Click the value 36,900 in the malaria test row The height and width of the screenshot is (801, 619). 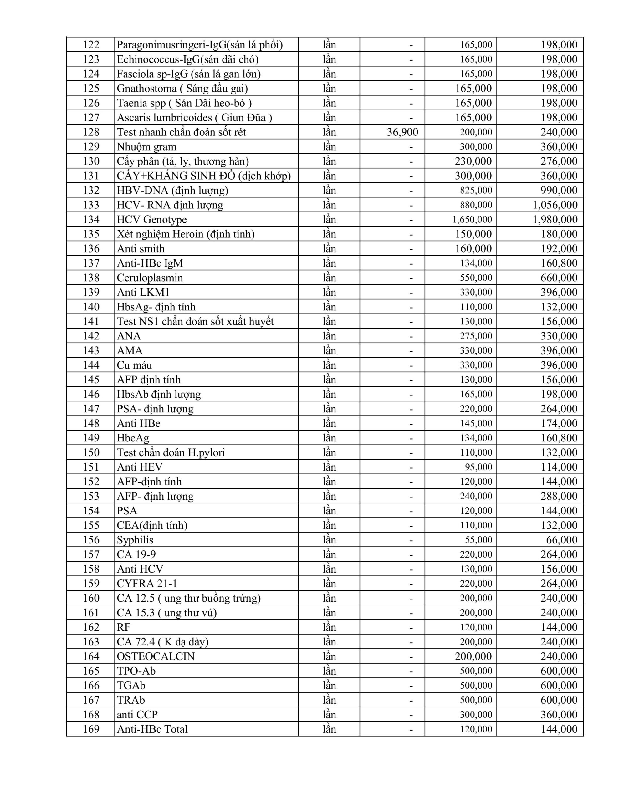402,132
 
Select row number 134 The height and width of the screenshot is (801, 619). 91,219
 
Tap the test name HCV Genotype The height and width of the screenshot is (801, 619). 151,219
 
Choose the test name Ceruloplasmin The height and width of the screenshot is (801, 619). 150,278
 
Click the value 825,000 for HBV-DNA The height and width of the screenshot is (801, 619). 476,190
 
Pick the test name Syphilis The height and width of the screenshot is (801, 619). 135,540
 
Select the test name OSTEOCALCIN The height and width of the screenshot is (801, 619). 156,656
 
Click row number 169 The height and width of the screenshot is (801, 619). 91,729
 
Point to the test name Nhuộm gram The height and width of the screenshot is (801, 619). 146,147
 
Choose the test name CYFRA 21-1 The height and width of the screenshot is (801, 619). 147,584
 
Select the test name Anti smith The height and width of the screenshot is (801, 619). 141,249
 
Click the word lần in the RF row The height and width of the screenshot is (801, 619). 329,627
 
